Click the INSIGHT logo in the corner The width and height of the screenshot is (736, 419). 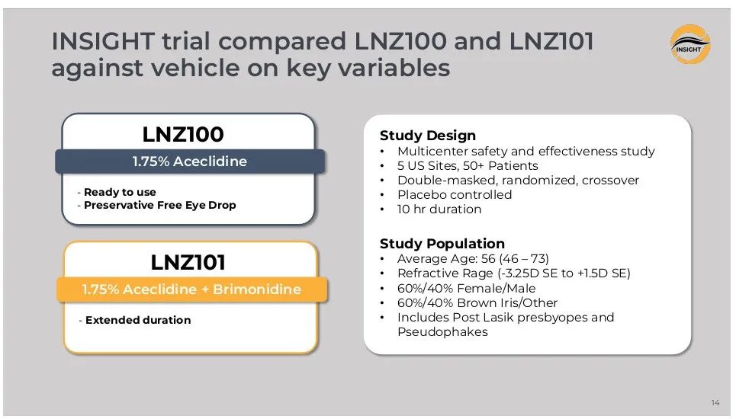click(690, 44)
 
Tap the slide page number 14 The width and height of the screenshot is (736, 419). click(715, 402)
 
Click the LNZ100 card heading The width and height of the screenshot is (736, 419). click(183, 135)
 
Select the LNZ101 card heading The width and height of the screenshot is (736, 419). click(188, 263)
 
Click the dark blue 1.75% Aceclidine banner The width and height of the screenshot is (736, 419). click(190, 162)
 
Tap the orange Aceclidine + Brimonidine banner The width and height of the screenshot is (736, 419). click(191, 289)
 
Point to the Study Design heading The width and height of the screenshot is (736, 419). click(428, 136)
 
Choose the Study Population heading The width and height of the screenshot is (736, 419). click(442, 244)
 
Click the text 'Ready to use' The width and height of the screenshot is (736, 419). click(120, 192)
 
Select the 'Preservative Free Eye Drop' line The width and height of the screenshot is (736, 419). click(159, 205)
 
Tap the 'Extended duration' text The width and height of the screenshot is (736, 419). click(138, 320)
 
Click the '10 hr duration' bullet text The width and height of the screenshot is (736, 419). click(439, 209)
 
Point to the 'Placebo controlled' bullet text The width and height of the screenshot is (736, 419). click(455, 194)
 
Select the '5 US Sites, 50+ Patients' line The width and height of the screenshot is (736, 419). click(468, 166)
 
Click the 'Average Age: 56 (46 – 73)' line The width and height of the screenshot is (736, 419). click(473, 259)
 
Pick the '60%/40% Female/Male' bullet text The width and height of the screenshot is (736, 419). click(466, 288)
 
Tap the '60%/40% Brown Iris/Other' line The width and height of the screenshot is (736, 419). click(477, 302)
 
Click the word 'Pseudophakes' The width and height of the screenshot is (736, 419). click(442, 332)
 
